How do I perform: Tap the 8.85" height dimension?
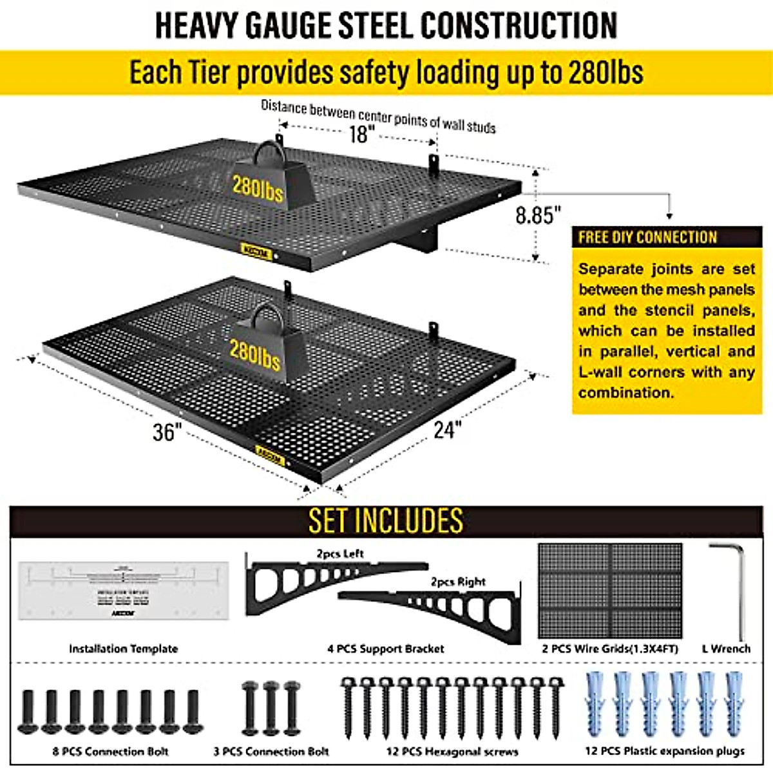click(538, 215)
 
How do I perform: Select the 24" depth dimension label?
click(447, 429)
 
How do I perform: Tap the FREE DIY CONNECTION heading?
click(647, 237)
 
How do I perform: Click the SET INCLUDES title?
click(386, 520)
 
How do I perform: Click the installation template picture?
click(123, 590)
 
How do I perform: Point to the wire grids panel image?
click(610, 590)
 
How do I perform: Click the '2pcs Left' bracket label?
click(339, 553)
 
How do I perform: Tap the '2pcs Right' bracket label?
click(458, 582)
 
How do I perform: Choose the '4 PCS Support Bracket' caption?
click(386, 649)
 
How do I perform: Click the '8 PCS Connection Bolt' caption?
click(111, 751)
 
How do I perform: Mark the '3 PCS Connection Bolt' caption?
click(271, 751)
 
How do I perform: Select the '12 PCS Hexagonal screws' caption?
click(453, 751)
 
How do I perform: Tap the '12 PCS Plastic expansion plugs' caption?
click(665, 751)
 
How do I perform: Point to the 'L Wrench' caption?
click(726, 649)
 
